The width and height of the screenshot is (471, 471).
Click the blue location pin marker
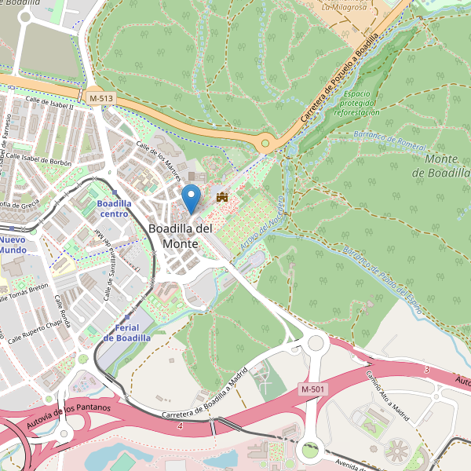(x=191, y=196)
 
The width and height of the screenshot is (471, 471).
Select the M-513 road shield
(x=100, y=97)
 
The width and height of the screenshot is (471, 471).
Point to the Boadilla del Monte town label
(x=180, y=235)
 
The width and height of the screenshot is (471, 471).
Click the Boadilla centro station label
(x=114, y=208)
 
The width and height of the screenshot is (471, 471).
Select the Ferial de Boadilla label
(x=126, y=332)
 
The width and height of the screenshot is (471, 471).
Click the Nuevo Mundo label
(x=13, y=244)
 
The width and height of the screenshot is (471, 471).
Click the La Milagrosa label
(x=345, y=6)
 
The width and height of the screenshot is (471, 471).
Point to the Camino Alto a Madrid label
(x=385, y=396)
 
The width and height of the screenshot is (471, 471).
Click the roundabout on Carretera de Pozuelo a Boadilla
(x=266, y=143)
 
